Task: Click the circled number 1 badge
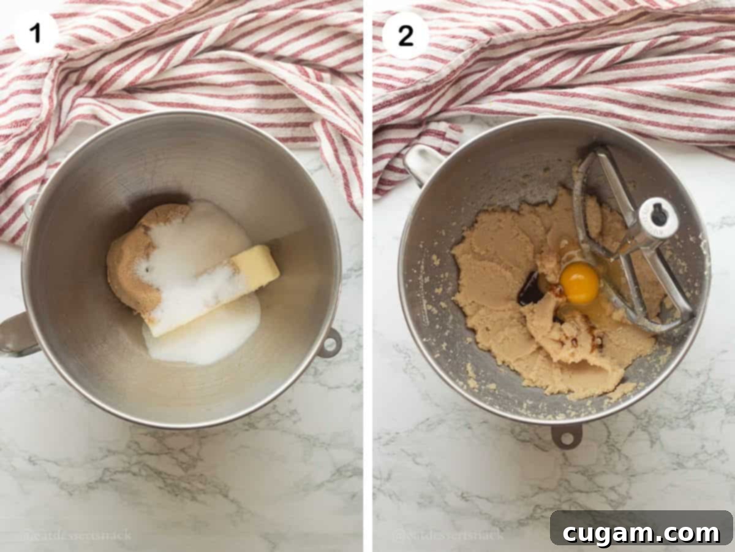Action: tap(36, 33)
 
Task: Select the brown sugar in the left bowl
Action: tap(131, 258)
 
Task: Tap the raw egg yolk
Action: tap(579, 283)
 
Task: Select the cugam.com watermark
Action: tap(641, 532)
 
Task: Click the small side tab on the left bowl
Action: tap(330, 342)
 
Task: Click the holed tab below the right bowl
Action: tap(566, 435)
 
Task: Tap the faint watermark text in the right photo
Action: tap(447, 535)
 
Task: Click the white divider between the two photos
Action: tap(367, 276)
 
